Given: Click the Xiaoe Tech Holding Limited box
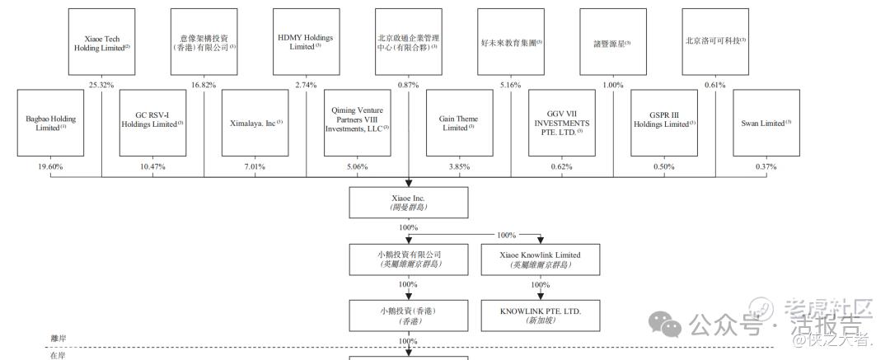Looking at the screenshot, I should [102, 43].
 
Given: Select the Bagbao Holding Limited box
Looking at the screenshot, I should [51, 124].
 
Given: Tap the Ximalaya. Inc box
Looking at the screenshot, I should [255, 124].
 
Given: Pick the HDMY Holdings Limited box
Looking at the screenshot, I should [307, 43].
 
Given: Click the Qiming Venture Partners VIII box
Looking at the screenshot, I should [358, 124].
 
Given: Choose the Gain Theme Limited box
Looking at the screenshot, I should [460, 124].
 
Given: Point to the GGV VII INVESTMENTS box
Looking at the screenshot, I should [562, 124].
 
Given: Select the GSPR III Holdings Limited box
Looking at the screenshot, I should [664, 124].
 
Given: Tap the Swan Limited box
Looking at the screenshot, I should [766, 124].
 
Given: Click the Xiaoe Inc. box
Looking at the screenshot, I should [409, 202].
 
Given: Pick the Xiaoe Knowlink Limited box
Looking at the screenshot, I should [540, 259].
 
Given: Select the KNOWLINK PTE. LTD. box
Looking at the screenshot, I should [540, 315].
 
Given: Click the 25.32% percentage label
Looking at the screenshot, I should [101, 85].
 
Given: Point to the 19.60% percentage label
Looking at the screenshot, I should [50, 166].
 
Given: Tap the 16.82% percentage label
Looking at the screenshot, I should [204, 85].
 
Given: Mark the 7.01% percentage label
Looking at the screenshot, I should [255, 166].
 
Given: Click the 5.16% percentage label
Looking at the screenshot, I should [510, 85].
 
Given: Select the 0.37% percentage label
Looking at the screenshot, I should [766, 166].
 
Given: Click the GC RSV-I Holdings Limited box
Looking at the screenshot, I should [153, 124].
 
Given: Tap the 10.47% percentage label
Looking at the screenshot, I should [152, 166].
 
